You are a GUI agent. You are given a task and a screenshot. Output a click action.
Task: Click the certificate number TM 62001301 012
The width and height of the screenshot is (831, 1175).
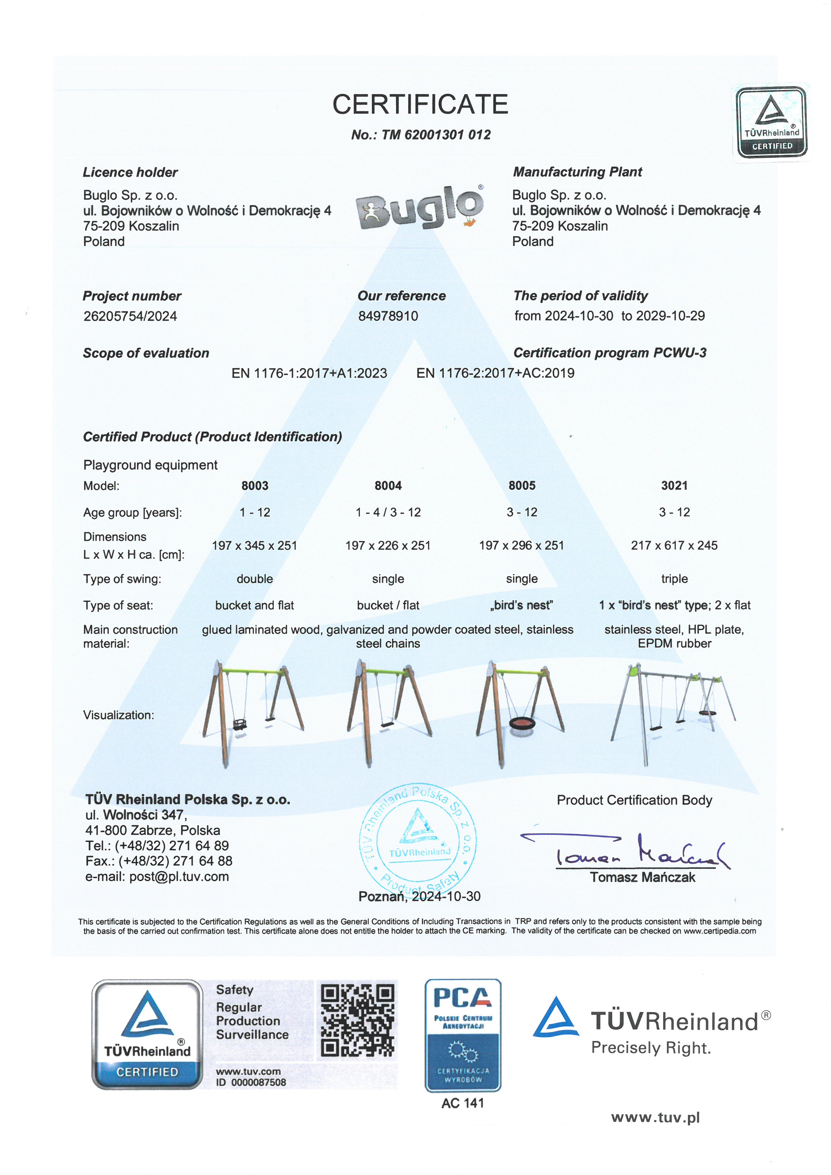pos(436,135)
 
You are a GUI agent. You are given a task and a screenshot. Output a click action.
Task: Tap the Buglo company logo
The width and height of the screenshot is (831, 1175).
pos(420,208)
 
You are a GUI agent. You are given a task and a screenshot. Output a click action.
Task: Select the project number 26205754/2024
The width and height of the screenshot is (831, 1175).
pos(130,316)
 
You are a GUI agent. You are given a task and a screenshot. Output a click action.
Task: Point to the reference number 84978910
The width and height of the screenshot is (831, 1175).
pos(388,316)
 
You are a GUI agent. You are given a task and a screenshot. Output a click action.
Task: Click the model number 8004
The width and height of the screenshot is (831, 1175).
pos(388,486)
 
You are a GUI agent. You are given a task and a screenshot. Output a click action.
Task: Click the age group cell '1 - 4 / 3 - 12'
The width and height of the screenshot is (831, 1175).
pos(388,512)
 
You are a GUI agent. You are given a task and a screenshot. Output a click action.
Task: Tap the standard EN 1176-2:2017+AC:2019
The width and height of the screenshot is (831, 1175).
pos(495,373)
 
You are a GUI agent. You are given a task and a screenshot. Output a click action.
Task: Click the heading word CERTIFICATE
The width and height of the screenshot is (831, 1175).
pos(420,105)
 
